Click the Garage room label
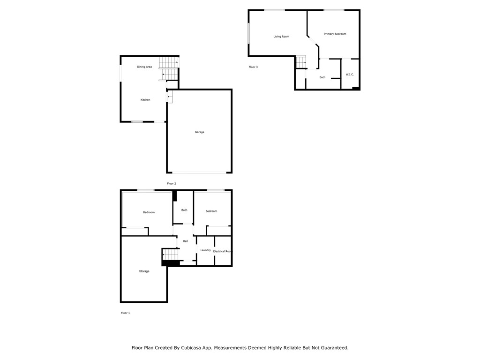(199, 132)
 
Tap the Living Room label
(281, 37)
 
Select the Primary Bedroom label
(335, 34)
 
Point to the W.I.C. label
(350, 75)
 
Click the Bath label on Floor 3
(322, 77)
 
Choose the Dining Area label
(144, 67)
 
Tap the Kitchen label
(145, 100)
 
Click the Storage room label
(144, 271)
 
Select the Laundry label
(205, 250)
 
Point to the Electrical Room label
(223, 251)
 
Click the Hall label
(185, 241)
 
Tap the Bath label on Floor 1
(184, 210)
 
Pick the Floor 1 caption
(125, 313)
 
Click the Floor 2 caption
(172, 184)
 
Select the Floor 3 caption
(253, 67)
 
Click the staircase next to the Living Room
(300, 62)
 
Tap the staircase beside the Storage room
(170, 254)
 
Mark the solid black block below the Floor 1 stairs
(170, 263)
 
